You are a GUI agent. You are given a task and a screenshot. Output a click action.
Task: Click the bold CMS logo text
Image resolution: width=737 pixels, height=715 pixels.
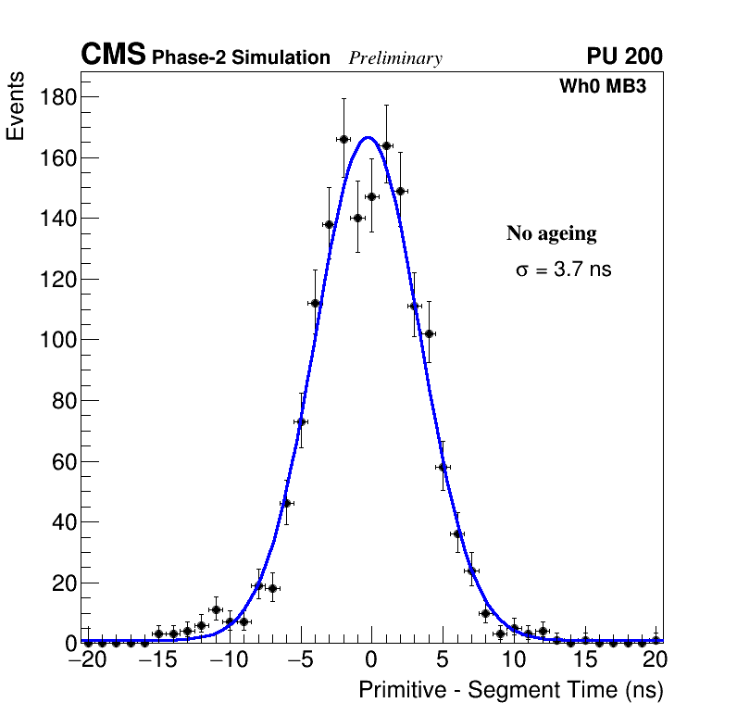(113, 56)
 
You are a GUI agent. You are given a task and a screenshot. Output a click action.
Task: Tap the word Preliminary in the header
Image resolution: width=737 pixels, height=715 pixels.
(395, 58)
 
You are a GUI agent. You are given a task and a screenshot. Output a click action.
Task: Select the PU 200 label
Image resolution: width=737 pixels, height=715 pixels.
(624, 56)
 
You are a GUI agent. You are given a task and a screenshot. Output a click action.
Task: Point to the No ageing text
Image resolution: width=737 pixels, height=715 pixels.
(551, 233)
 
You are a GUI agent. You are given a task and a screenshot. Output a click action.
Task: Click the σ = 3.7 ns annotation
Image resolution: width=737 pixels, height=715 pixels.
(563, 270)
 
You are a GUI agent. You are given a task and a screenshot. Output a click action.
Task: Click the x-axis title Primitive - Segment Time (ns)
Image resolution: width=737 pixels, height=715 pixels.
(510, 691)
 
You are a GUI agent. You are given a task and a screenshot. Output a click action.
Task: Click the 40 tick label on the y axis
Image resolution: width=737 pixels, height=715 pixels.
(62, 522)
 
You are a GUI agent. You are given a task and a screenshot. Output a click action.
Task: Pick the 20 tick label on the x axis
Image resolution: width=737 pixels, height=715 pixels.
(655, 661)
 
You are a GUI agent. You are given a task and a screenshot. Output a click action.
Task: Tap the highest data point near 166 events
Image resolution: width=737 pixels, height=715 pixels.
(344, 139)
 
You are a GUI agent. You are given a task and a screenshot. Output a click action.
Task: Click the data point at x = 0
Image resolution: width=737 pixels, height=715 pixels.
(371, 196)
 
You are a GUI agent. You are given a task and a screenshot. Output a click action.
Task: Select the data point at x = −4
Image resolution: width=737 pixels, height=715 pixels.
(315, 303)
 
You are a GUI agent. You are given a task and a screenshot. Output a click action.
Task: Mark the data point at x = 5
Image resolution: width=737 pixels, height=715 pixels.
(443, 467)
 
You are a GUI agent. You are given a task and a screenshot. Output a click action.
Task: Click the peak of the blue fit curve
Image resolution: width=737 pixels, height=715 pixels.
(368, 137)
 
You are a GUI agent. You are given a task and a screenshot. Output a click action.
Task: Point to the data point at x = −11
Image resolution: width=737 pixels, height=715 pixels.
(216, 609)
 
